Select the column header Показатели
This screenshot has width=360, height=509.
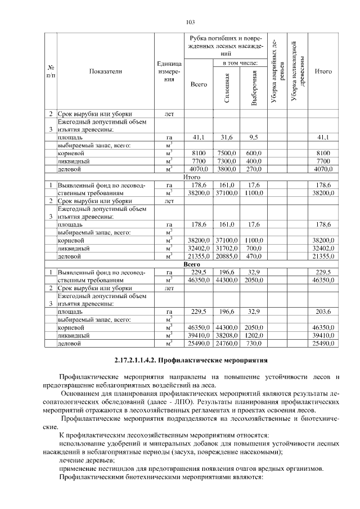(x=105, y=71)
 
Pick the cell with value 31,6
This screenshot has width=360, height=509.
(x=227, y=137)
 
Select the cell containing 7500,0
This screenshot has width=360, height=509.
(x=227, y=152)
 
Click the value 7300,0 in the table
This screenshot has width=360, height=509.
(x=227, y=160)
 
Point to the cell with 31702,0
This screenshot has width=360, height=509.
(x=227, y=247)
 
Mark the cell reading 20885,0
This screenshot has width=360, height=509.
(x=227, y=256)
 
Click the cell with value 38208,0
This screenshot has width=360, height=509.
(x=227, y=335)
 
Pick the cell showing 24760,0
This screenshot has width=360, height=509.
(x=227, y=343)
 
